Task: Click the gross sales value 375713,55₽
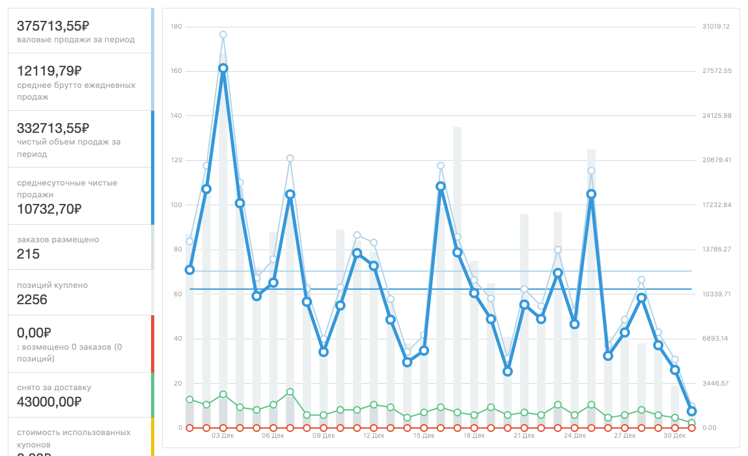pyautogui.click(x=53, y=26)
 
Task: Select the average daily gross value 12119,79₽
pyautogui.click(x=49, y=71)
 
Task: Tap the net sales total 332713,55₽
pyautogui.click(x=53, y=128)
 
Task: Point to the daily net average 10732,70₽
pyautogui.click(x=49, y=209)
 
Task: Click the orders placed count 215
pyautogui.click(x=28, y=254)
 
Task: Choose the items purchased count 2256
pyautogui.click(x=32, y=300)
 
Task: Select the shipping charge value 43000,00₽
pyautogui.click(x=49, y=402)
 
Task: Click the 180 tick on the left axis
pyautogui.click(x=176, y=27)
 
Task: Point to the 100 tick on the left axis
pyautogui.click(x=176, y=205)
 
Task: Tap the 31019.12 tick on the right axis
pyautogui.click(x=716, y=27)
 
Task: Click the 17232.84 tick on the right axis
pyautogui.click(x=716, y=205)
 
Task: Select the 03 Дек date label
pyautogui.click(x=223, y=436)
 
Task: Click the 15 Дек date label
pyautogui.click(x=424, y=436)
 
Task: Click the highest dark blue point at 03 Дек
pyautogui.click(x=223, y=68)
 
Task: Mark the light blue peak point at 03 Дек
pyautogui.click(x=223, y=35)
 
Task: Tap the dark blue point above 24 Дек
pyautogui.click(x=591, y=194)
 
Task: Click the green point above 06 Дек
pyautogui.click(x=290, y=392)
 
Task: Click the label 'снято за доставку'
pyautogui.click(x=54, y=388)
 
